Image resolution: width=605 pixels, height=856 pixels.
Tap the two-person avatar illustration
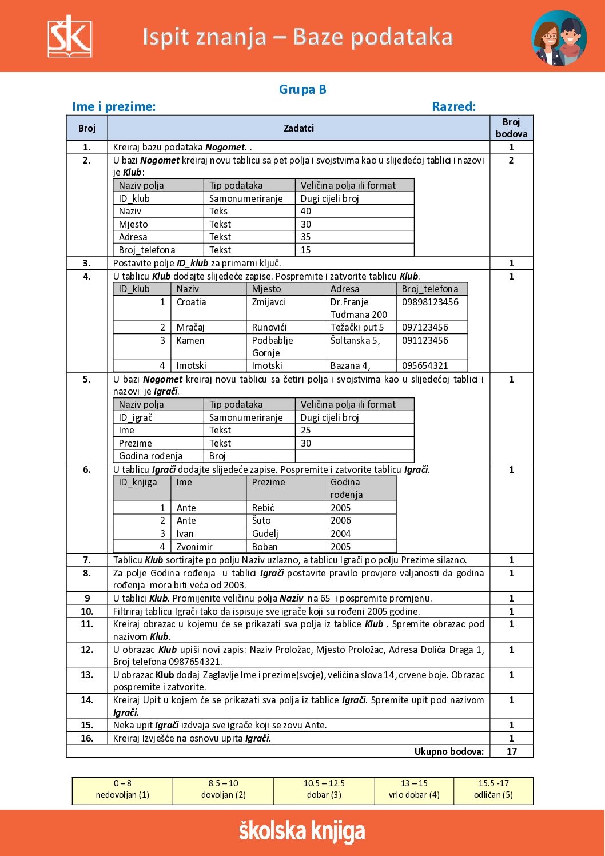click(x=559, y=38)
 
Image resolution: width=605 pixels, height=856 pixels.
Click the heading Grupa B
click(x=302, y=89)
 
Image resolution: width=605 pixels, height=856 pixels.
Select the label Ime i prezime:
click(x=114, y=106)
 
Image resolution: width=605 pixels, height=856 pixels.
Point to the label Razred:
click(x=453, y=106)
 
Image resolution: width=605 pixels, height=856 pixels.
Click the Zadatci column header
click(x=298, y=128)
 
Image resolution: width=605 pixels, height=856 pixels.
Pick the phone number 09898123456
click(x=430, y=302)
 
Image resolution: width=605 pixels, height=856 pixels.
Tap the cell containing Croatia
click(x=191, y=302)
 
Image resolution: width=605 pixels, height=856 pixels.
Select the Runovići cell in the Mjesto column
click(x=269, y=327)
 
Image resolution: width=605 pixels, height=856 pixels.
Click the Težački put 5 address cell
click(x=357, y=327)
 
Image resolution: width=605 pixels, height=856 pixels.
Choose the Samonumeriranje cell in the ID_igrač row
click(x=246, y=417)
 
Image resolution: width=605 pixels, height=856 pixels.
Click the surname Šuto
click(x=261, y=520)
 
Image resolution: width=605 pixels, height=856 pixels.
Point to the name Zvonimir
click(x=194, y=547)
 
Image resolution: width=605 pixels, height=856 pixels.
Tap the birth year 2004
click(x=340, y=533)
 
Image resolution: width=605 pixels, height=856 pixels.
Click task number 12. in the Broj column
click(x=87, y=650)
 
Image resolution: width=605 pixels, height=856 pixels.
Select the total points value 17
click(x=511, y=751)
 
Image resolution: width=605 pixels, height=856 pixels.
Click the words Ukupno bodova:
click(x=449, y=751)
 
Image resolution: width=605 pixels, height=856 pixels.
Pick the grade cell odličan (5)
click(x=493, y=789)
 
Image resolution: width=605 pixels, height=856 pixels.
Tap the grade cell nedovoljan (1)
click(x=122, y=789)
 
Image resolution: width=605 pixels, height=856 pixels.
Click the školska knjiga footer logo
click(x=302, y=831)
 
